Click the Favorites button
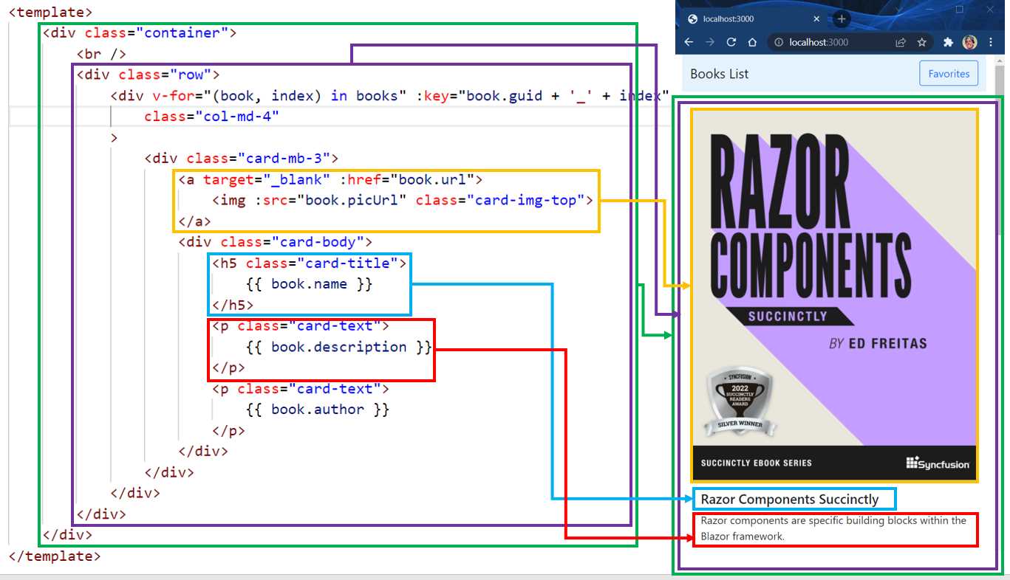pos(949,74)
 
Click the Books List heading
pos(719,74)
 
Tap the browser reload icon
pos(731,43)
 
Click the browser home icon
pos(752,43)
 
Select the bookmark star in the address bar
pos(922,43)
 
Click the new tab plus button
pos(841,19)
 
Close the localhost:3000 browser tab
pos(816,19)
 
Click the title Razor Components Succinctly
pos(789,500)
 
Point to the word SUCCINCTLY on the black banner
pos(788,317)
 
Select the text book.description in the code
pos(339,347)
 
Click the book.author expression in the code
pos(318,410)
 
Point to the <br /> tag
pos(101,54)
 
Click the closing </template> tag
pos(55,556)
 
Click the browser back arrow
pos(689,43)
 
